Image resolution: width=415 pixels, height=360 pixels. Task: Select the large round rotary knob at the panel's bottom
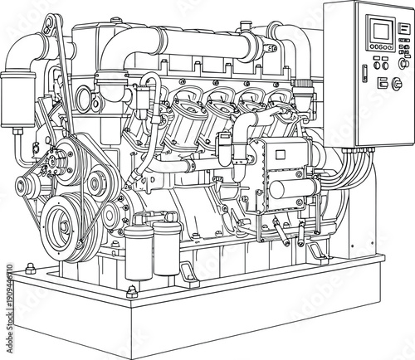(396, 83)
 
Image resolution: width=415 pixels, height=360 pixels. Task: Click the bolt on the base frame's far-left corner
(30, 268)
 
